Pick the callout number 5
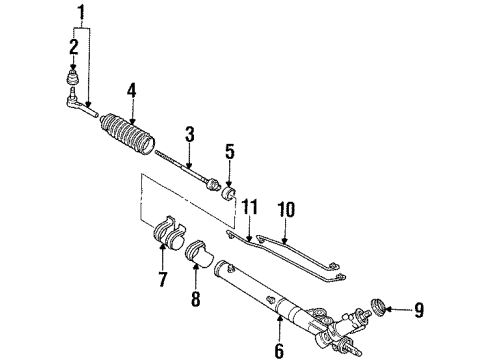coord(230,154)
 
